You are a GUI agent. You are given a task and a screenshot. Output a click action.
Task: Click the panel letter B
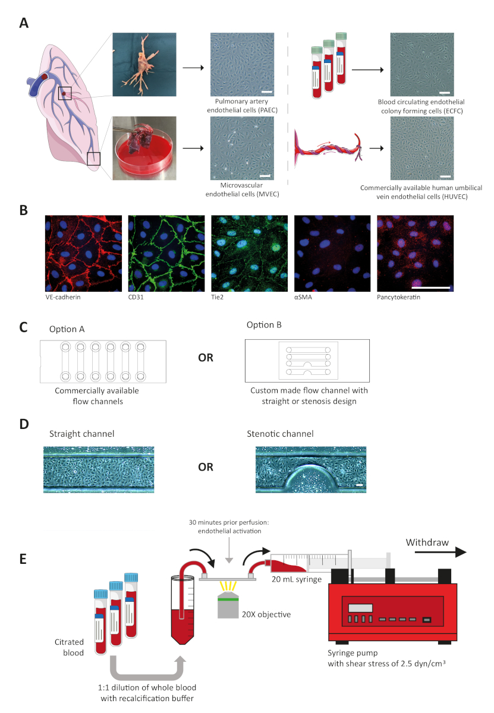click(24, 210)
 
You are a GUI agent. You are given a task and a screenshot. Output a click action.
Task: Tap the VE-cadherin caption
click(63, 297)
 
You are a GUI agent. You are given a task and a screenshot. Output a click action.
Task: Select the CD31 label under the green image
click(136, 297)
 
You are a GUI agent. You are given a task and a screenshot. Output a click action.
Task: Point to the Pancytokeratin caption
click(398, 297)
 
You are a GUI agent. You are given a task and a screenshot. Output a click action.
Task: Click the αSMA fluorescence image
click(332, 253)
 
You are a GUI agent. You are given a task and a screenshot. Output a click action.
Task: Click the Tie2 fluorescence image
click(250, 253)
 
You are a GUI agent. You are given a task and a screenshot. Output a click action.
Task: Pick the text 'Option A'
click(67, 329)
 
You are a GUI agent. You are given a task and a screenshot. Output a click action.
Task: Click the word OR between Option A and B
click(206, 358)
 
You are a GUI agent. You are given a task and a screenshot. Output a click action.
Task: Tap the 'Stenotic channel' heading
click(280, 434)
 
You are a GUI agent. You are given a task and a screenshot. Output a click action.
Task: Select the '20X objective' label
click(266, 614)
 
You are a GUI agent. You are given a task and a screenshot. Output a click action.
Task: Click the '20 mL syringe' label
click(297, 579)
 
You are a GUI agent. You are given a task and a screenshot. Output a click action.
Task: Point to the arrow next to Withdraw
click(440, 552)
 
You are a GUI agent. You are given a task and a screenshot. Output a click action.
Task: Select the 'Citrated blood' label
click(69, 647)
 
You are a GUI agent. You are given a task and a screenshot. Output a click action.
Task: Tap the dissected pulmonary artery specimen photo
click(144, 64)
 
